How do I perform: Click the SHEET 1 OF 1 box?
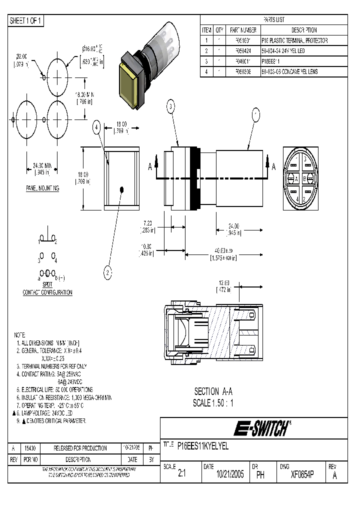tap(26, 20)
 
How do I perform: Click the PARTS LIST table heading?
tap(273, 19)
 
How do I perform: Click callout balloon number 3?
tap(171, 106)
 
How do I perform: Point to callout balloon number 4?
tap(97, 127)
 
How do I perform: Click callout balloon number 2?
tap(108, 272)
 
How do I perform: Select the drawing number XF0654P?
tap(302, 475)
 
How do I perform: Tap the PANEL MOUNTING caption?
tap(42, 188)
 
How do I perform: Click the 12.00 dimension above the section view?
tap(223, 282)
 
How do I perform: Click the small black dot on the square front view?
tap(122, 189)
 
